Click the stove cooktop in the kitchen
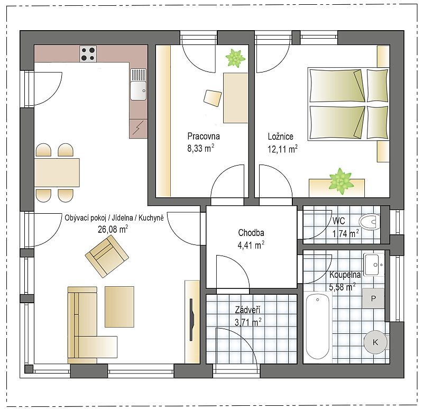click(88, 54)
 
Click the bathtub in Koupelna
click(318, 326)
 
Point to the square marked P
click(373, 298)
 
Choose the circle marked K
click(375, 342)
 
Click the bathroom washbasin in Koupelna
click(374, 265)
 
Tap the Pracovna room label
click(204, 136)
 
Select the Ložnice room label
click(281, 137)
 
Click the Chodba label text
click(251, 232)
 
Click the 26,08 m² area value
click(113, 229)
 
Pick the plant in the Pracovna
click(235, 58)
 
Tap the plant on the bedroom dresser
click(341, 181)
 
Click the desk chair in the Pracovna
click(213, 98)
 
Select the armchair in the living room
click(107, 256)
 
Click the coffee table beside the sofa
click(119, 307)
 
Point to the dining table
click(57, 172)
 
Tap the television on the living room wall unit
click(191, 320)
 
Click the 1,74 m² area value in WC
click(346, 233)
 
